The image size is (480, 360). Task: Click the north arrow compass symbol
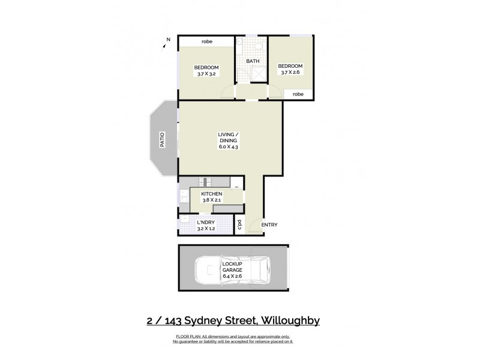pos(167,40)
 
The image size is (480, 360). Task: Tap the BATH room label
pos(252,61)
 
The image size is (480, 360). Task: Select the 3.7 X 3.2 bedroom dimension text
pos(206,74)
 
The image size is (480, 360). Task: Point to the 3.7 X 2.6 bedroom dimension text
pos(290,73)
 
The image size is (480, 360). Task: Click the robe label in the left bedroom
pos(207,41)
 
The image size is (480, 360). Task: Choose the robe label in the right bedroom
pos(298,94)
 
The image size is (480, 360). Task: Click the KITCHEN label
pos(212,194)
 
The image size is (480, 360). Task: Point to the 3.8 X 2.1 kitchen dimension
pos(212,200)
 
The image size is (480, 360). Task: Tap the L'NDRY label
pos(206,223)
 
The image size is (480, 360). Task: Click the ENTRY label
pos(269,224)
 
